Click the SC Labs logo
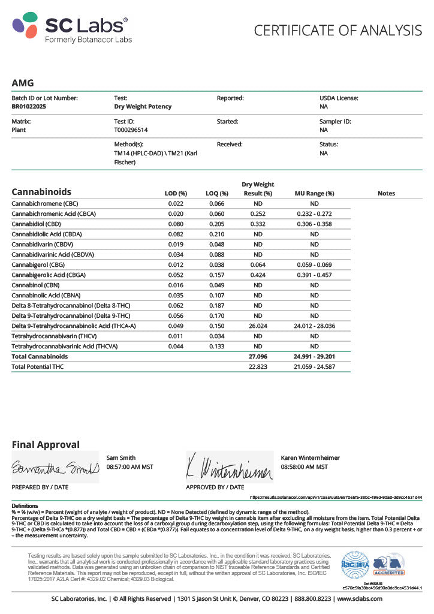pyautogui.click(x=70, y=27)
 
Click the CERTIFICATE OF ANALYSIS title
pyautogui.click(x=338, y=30)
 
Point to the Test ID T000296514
pyautogui.click(x=131, y=130)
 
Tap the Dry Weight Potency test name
pyautogui.click(x=143, y=107)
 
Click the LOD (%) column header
pyautogui.click(x=176, y=194)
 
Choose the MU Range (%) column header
pyautogui.click(x=314, y=194)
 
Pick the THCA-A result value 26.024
pyautogui.click(x=258, y=326)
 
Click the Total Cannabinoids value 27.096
pyautogui.click(x=258, y=356)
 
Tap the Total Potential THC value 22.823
pyautogui.click(x=258, y=366)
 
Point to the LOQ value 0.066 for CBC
pyautogui.click(x=216, y=204)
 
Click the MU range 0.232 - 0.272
pyautogui.click(x=314, y=213)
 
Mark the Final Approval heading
pyautogui.click(x=46, y=445)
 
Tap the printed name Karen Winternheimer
pyautogui.click(x=310, y=458)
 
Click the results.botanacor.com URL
pyautogui.click(x=336, y=498)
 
